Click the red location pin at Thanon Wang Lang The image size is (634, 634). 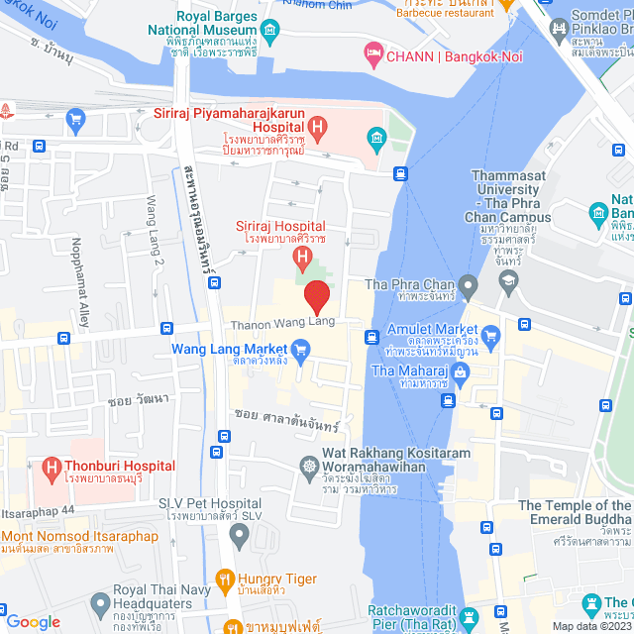[316, 296]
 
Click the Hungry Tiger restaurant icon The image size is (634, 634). [225, 580]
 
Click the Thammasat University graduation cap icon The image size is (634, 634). [509, 283]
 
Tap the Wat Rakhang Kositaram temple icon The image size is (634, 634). [309, 466]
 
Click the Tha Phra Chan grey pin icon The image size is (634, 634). [468, 287]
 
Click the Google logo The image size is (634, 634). [33, 622]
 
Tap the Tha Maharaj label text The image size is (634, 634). [402, 370]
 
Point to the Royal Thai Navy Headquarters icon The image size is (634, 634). [99, 602]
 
